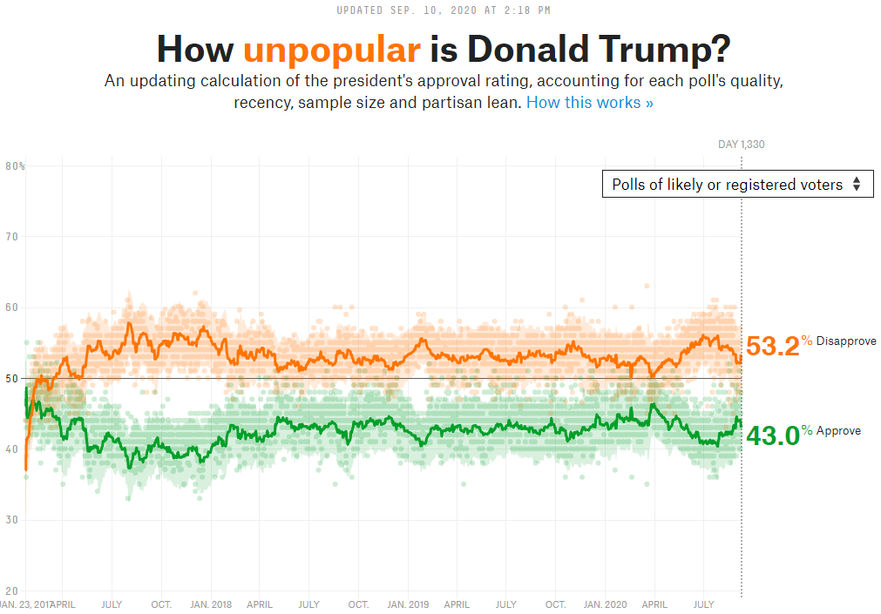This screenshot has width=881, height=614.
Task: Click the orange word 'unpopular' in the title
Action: coord(331,49)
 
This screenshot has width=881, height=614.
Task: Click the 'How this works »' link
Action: coord(589,103)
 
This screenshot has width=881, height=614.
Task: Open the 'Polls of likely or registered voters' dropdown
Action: coord(737,184)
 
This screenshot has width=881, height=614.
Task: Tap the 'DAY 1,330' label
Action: coord(741,145)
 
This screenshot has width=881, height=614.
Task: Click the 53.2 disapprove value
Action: coord(772,346)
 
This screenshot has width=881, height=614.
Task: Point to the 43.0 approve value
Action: coord(772,435)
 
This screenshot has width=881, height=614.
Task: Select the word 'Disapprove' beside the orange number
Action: coord(846,341)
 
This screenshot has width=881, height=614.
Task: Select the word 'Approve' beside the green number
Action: coord(838,431)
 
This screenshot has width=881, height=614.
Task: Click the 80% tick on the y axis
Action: coord(15,165)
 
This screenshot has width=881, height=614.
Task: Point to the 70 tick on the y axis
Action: coord(12,236)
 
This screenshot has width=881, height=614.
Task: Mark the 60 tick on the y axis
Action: coord(12,307)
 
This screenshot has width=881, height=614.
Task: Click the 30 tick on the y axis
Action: coord(12,520)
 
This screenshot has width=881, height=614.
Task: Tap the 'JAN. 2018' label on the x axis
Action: coord(211,604)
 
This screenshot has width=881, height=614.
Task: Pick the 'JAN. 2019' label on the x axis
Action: coord(408,604)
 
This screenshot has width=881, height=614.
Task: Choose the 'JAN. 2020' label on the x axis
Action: coord(605,604)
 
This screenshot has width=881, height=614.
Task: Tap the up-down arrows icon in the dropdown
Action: coord(857,184)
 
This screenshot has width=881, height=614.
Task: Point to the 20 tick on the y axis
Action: coord(12,590)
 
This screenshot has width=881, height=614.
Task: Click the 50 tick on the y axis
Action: coord(12,378)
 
